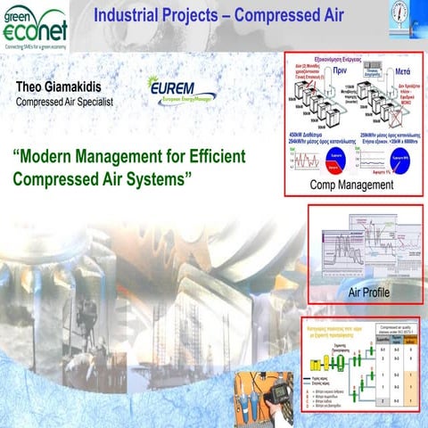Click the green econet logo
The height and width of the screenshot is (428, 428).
33,27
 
